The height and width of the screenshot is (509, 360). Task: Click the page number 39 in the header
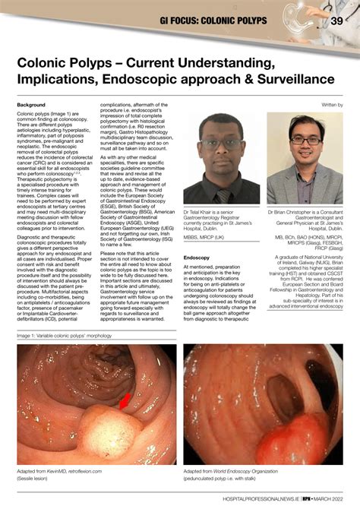coord(336,21)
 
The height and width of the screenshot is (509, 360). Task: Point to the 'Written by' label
coord(332,104)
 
